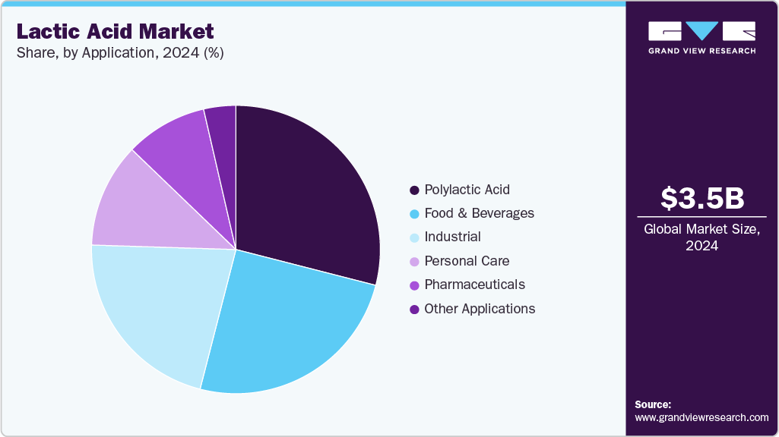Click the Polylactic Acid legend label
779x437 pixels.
[467, 190]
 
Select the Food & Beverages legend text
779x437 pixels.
[479, 213]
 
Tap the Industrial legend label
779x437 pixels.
[452, 237]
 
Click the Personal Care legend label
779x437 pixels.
[467, 261]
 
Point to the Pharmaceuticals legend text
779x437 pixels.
[474, 285]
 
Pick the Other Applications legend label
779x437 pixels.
[480, 309]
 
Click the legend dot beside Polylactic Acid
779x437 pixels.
[414, 190]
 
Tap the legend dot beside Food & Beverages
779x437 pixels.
[414, 214]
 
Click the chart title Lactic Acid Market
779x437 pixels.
[116, 32]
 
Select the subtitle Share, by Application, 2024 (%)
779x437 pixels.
[120, 53]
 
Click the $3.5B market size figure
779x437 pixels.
[702, 199]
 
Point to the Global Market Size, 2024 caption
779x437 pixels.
[702, 237]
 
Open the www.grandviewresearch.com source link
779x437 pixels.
[701, 417]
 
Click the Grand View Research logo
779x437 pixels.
[701, 37]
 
